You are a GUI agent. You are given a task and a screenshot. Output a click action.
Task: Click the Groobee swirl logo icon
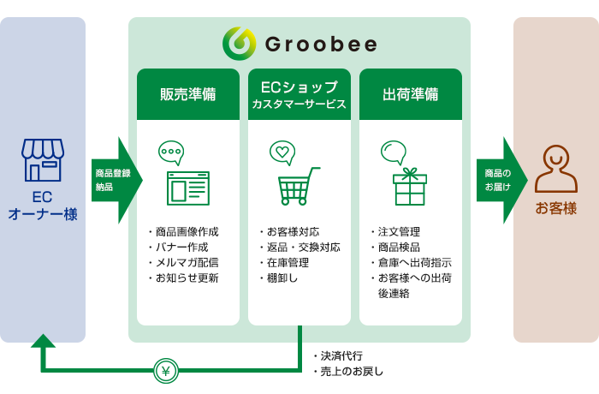pyautogui.click(x=239, y=44)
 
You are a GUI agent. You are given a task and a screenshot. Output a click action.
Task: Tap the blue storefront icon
pyautogui.click(x=43, y=160)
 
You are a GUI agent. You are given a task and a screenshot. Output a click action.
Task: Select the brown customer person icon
pyautogui.click(x=556, y=169)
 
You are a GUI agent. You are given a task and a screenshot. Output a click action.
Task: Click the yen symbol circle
pyautogui.click(x=166, y=371)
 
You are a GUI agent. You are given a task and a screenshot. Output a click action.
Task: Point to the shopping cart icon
pyautogui.click(x=299, y=186)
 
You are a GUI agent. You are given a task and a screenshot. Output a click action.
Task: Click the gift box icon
pyautogui.click(x=410, y=186)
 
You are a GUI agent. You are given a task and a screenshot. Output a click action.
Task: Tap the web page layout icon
pyautogui.click(x=188, y=188)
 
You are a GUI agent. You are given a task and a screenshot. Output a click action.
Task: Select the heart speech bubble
pyautogui.click(x=282, y=152)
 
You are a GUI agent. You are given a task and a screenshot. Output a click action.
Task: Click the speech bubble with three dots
pyautogui.click(x=171, y=152)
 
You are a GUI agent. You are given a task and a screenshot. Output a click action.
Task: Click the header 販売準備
pyautogui.click(x=188, y=94)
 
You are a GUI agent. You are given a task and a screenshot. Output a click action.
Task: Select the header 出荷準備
pyautogui.click(x=410, y=94)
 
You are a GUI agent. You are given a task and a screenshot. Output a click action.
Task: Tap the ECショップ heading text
pyautogui.click(x=299, y=87)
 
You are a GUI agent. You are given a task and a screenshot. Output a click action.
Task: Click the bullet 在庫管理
pyautogui.click(x=288, y=263)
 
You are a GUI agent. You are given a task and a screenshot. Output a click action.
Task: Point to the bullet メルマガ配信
pyautogui.click(x=187, y=263)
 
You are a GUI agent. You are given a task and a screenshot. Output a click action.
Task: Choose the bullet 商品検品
pyautogui.click(x=399, y=248)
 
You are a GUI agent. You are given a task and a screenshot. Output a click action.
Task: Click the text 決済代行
pyautogui.click(x=341, y=356)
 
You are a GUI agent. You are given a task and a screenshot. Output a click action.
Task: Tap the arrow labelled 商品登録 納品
pyautogui.click(x=117, y=180)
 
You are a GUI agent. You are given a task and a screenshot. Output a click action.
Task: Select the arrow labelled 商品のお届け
pyautogui.click(x=502, y=180)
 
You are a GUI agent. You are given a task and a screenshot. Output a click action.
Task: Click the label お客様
pyautogui.click(x=556, y=209)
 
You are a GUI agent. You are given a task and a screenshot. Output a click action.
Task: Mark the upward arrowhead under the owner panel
pyautogui.click(x=43, y=341)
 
